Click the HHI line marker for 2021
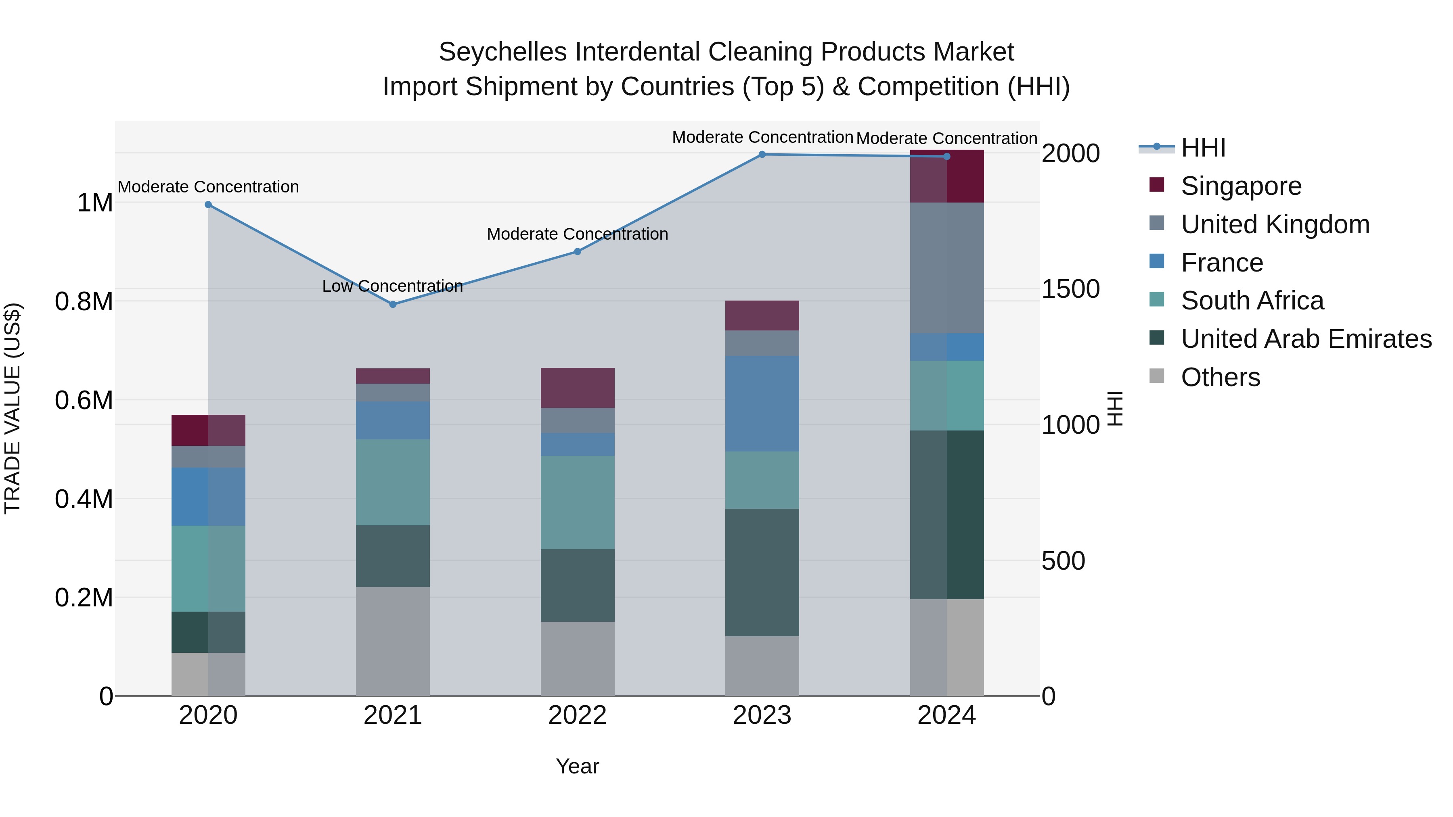[x=393, y=305]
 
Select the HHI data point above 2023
[x=762, y=155]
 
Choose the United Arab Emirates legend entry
[x=1306, y=339]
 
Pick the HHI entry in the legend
[x=1203, y=148]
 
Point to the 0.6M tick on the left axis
[x=84, y=400]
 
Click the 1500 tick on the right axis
[x=1070, y=289]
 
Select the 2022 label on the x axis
[x=577, y=715]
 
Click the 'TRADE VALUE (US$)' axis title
[x=13, y=408]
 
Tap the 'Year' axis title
[x=577, y=766]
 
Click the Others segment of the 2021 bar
[x=393, y=641]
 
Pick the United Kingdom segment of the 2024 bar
[x=946, y=268]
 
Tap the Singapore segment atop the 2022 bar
[x=577, y=388]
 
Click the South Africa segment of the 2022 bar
[x=577, y=502]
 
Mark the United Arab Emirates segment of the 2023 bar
[x=762, y=572]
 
